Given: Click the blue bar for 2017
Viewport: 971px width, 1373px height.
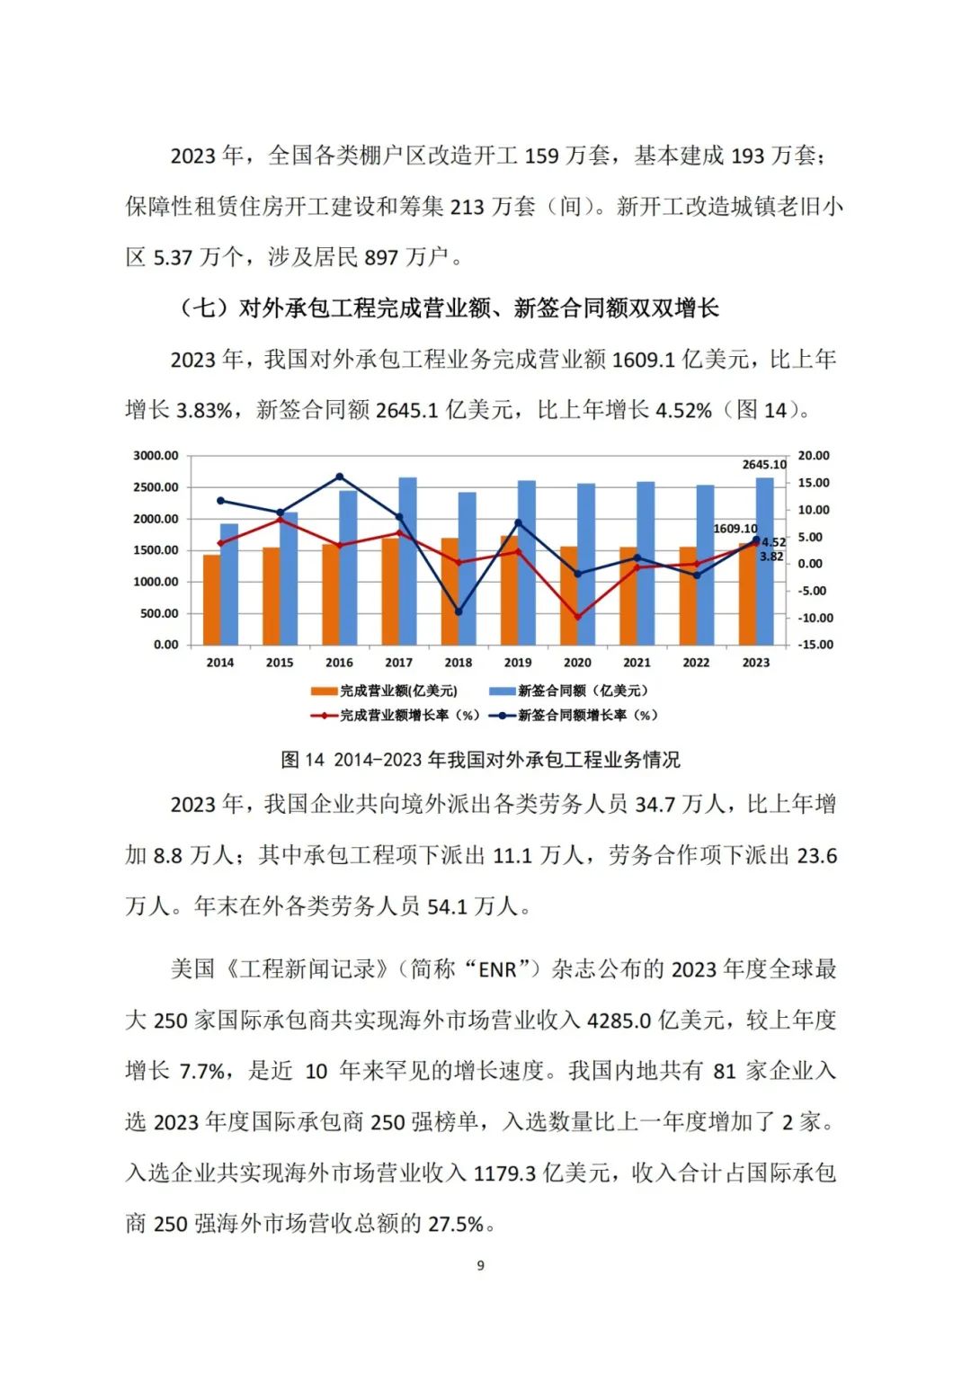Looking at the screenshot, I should coord(407,561).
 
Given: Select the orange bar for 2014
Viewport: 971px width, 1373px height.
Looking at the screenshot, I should coord(211,600).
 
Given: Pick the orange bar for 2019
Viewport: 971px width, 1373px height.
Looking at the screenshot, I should coord(509,590).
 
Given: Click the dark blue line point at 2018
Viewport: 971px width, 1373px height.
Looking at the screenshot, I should coord(459,611).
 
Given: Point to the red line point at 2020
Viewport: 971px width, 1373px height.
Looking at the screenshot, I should coord(577,617).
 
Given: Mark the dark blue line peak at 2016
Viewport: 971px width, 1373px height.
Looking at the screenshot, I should coord(339,477).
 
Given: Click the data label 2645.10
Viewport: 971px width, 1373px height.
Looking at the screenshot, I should coord(764,465).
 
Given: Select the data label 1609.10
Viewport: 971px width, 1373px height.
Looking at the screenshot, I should coord(735,529).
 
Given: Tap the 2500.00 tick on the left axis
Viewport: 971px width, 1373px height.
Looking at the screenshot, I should coord(156,487).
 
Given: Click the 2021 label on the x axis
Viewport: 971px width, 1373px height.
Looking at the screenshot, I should coord(637,663).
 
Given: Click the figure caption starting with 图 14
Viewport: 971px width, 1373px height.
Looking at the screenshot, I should coord(480,760).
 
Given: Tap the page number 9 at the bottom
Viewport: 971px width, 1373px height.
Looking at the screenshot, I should coord(480,1265).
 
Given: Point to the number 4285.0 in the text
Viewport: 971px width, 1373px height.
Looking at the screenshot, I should coord(619,1021).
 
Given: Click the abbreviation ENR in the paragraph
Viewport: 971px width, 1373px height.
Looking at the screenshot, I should coord(498,969).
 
